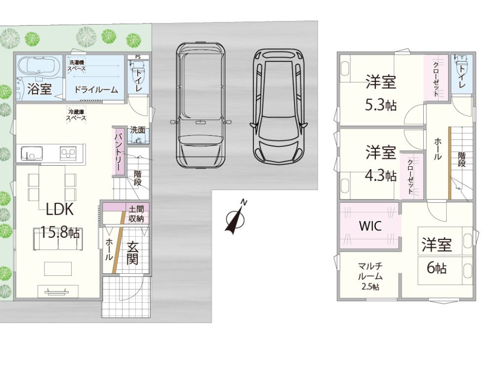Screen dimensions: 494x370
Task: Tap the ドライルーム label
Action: [x=96, y=90]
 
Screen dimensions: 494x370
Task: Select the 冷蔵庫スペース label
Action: [x=76, y=115]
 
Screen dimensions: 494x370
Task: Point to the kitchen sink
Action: [x=32, y=154]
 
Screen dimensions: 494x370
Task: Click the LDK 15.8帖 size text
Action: [x=60, y=233]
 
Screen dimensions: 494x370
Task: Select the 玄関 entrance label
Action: [x=132, y=253]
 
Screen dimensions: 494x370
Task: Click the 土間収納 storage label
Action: [x=136, y=214]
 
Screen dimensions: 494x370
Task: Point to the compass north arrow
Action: [x=235, y=217]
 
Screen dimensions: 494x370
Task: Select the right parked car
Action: [x=279, y=107]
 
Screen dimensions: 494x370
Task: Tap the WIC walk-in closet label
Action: [x=370, y=226]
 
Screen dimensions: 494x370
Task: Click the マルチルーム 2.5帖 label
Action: [x=370, y=276]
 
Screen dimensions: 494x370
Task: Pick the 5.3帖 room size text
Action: [x=380, y=105]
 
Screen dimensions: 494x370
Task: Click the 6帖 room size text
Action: [x=437, y=268]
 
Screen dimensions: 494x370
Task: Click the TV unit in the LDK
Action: [x=58, y=291]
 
